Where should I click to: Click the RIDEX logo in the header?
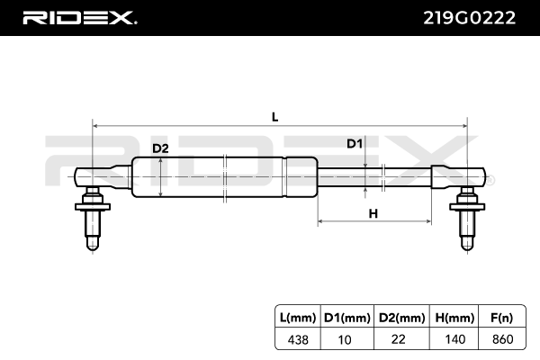pyautogui.click(x=79, y=18)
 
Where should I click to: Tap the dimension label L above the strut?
pyautogui.click(x=275, y=116)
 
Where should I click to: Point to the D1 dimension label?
pyautogui.click(x=355, y=144)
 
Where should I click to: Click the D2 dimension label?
pyautogui.click(x=159, y=148)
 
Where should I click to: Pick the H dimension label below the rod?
pyautogui.click(x=372, y=212)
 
